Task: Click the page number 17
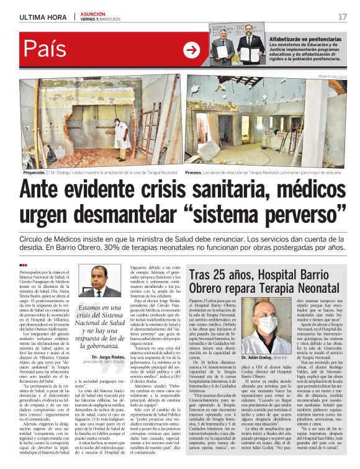point(342,17)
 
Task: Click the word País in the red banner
point(47,49)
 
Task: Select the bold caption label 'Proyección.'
point(34,172)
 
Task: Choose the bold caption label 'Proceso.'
point(195,172)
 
